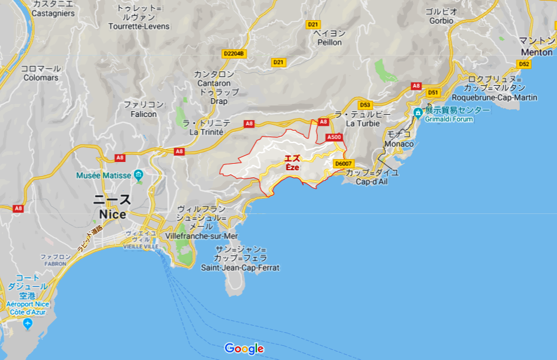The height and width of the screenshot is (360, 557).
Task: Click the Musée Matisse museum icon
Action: pos(138,176)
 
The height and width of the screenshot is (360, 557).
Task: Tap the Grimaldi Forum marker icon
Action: pos(418,112)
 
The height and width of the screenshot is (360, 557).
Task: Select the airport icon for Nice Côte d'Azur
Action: pos(27,324)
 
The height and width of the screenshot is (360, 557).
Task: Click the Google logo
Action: pos(244,349)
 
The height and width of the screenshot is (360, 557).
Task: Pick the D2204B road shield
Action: pos(234,54)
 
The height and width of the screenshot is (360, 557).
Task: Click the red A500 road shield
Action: pos(334,137)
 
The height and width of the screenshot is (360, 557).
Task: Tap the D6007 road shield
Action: pos(343,164)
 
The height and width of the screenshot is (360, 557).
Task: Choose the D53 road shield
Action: pos(364,105)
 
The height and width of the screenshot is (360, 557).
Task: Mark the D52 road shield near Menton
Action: pos(523,64)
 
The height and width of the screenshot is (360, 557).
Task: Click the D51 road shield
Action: pos(434,93)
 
